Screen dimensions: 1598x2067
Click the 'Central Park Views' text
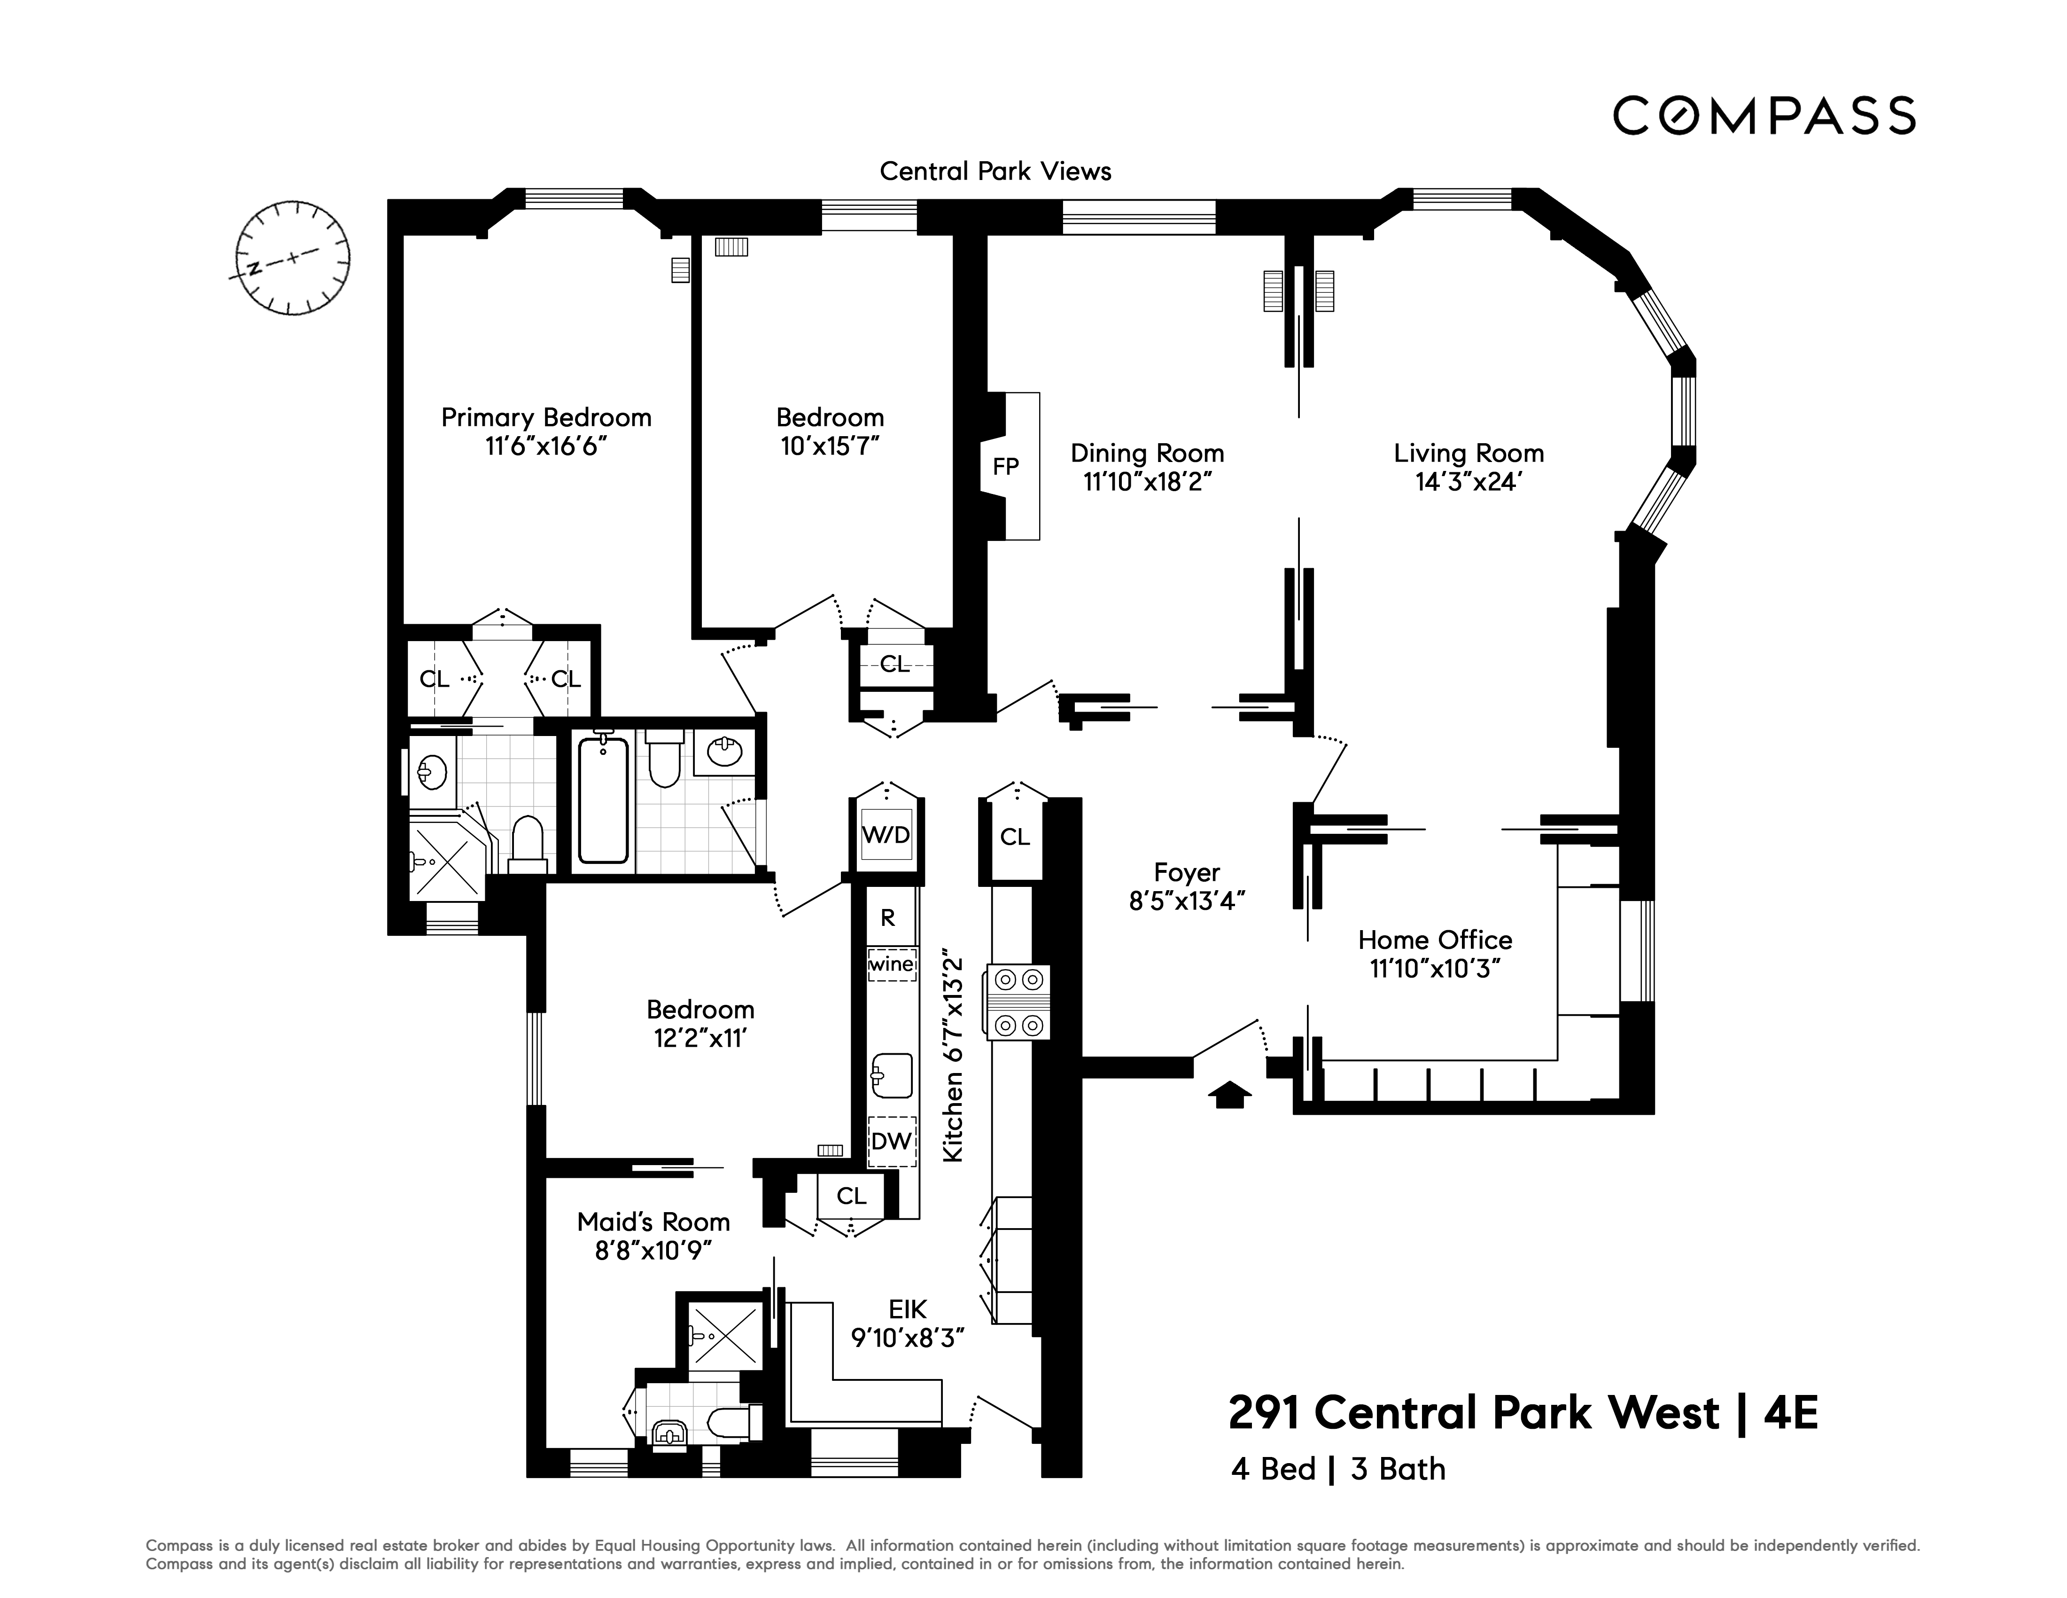tap(995, 172)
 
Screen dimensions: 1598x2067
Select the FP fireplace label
tap(1005, 466)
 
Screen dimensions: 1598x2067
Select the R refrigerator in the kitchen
tap(888, 916)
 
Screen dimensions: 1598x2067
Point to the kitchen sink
tap(892, 1075)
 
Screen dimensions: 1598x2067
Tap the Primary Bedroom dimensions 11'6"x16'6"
tap(546, 446)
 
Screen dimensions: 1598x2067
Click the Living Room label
tap(1468, 454)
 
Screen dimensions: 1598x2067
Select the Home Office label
tap(1435, 940)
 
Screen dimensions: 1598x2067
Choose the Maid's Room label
tap(653, 1222)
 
